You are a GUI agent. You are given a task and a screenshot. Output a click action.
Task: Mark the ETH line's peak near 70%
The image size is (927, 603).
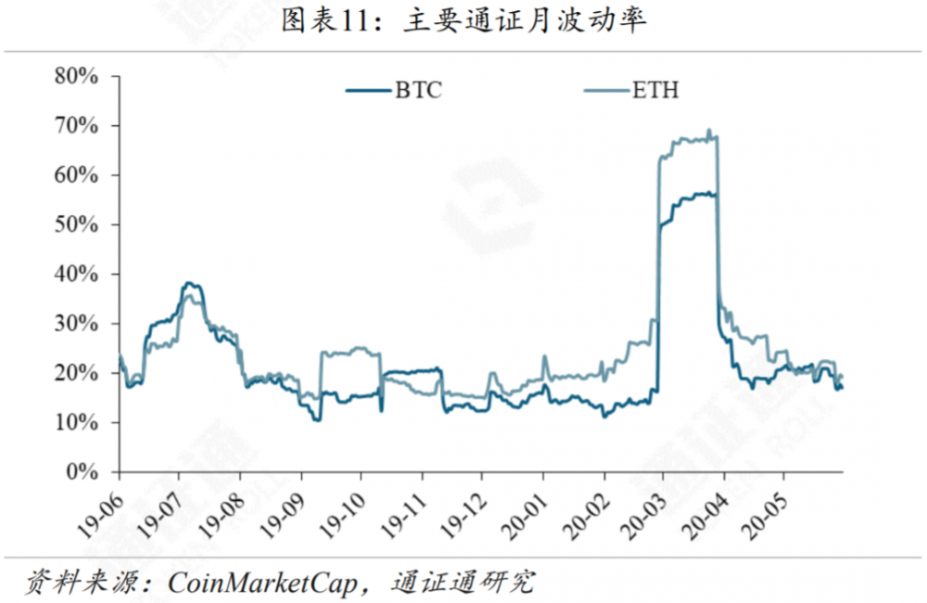click(x=709, y=132)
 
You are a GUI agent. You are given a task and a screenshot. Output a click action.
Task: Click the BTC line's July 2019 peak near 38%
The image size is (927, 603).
click(x=190, y=284)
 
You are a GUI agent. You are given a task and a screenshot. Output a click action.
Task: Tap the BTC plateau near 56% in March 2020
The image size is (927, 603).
click(x=695, y=194)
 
